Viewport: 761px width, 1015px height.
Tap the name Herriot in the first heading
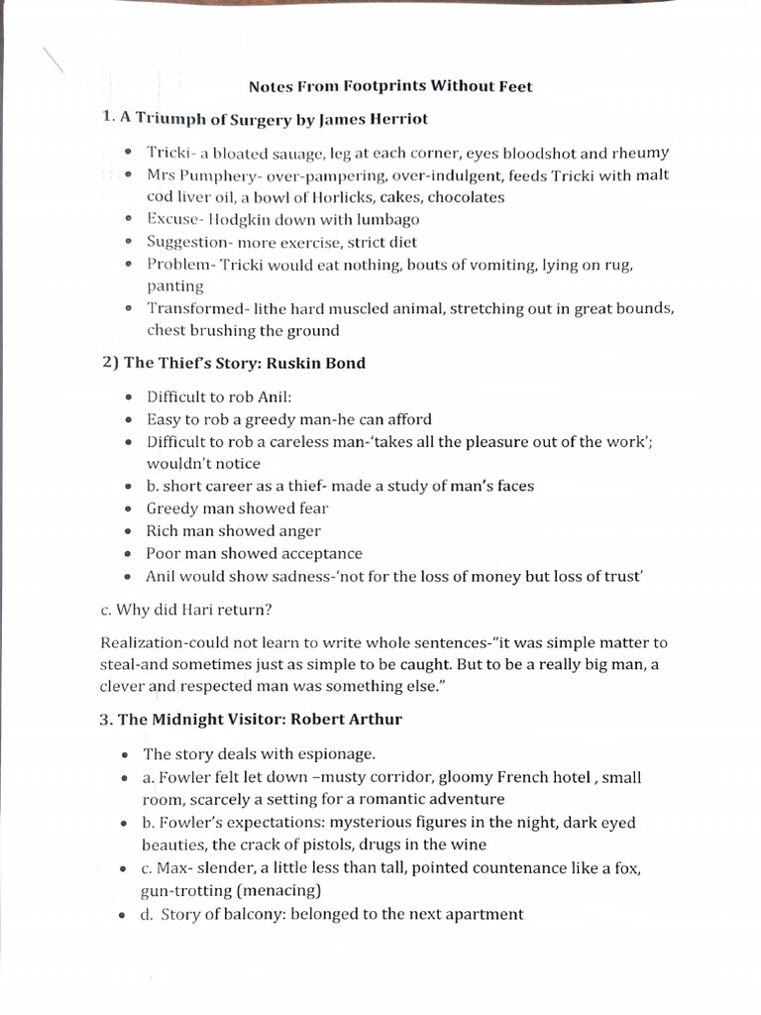[x=395, y=119]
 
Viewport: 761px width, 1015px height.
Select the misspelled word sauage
[x=297, y=153]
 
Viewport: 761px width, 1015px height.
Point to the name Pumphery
[x=219, y=174]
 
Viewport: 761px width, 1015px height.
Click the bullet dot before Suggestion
[x=132, y=242]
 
